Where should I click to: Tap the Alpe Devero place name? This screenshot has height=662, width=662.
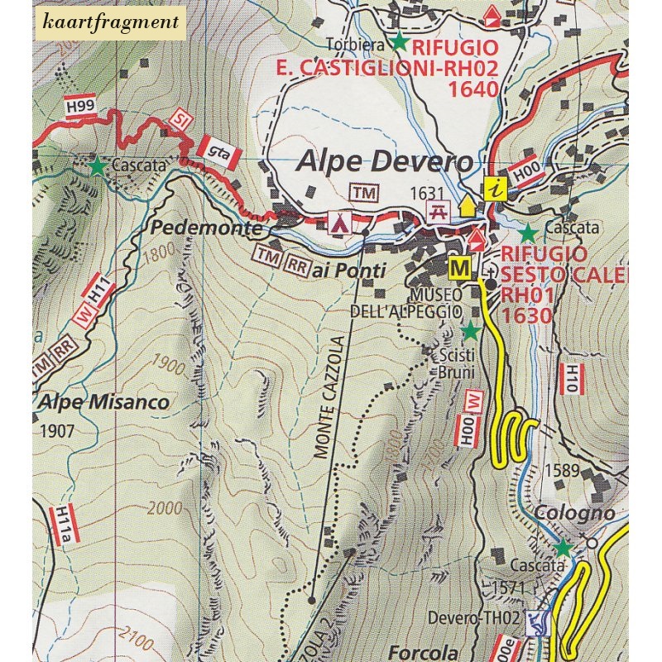tap(387, 161)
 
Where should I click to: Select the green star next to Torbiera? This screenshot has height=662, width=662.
tap(400, 40)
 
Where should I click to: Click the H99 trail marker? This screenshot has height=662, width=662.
tap(79, 106)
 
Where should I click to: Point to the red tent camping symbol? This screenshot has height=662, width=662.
tap(338, 221)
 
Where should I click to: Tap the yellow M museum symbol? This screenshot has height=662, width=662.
tap(459, 267)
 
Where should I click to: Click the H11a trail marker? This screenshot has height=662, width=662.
tap(66, 525)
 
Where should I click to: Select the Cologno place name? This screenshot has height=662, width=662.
tap(574, 513)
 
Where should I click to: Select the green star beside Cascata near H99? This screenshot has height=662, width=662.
tap(98, 166)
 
